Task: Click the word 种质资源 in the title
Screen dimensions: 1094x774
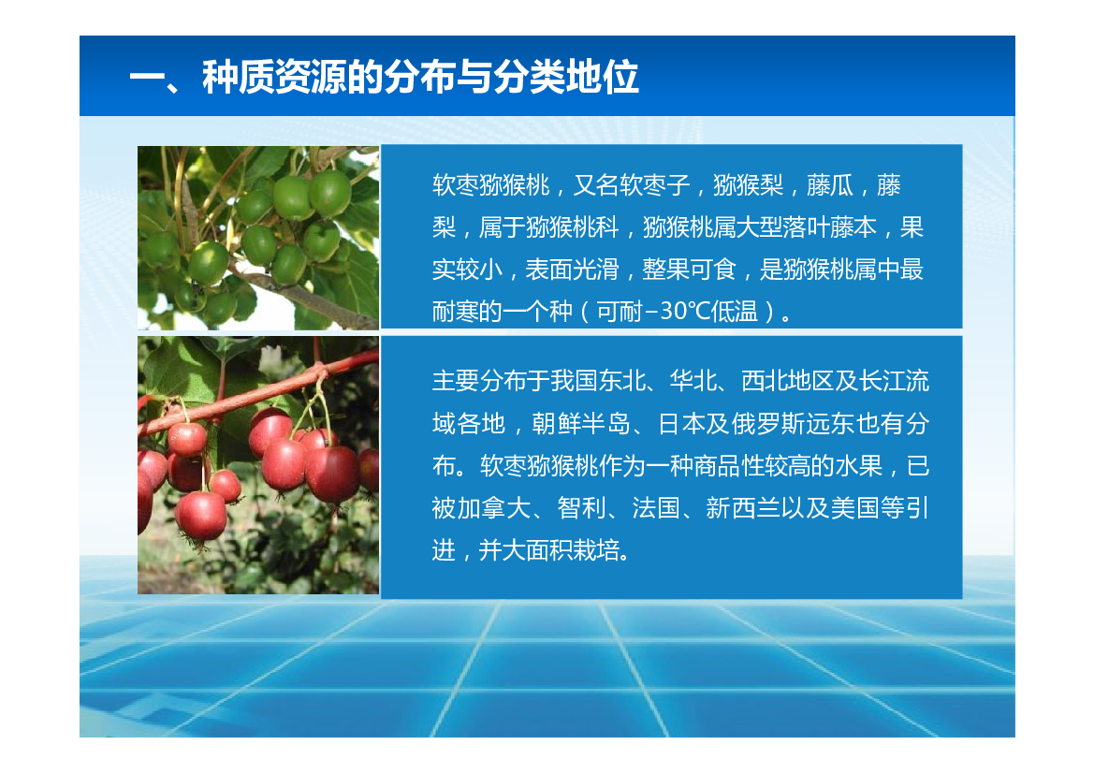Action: (274, 77)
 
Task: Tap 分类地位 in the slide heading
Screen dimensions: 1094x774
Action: (566, 77)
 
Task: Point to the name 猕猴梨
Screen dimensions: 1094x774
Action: (748, 185)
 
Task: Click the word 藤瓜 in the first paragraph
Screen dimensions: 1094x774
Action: (829, 185)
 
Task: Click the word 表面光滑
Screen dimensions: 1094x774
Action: (572, 270)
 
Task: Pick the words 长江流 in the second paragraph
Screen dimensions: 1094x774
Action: (894, 381)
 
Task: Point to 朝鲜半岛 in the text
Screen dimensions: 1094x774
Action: (580, 424)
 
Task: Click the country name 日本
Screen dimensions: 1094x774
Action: (681, 424)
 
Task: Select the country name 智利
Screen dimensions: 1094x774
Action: (581, 508)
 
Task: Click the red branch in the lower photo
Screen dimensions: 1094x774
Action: (259, 394)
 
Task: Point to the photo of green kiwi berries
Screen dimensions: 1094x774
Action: (259, 238)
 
